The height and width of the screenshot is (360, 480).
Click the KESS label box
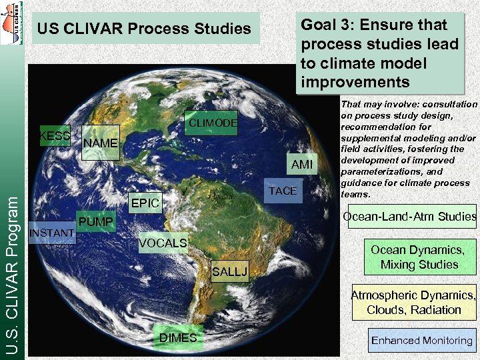(x=55, y=136)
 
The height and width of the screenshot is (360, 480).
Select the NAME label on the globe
(x=100, y=143)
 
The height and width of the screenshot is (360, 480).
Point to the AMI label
(x=301, y=165)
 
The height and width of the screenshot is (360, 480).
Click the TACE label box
(x=283, y=191)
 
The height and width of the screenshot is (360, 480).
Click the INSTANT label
(x=52, y=233)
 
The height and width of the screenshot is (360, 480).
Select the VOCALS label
(x=163, y=243)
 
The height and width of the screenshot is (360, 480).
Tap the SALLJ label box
(x=229, y=271)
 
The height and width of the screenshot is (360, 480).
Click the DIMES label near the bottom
(x=178, y=338)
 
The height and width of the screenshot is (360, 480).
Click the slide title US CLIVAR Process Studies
(x=145, y=29)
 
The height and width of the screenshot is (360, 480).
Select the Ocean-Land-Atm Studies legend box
(x=410, y=216)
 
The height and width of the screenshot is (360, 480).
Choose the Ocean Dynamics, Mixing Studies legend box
(x=419, y=257)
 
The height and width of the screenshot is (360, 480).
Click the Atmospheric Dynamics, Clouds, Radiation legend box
(x=414, y=303)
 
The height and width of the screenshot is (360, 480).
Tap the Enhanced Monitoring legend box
(x=422, y=341)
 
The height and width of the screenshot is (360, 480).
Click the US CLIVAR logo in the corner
(x=12, y=23)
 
